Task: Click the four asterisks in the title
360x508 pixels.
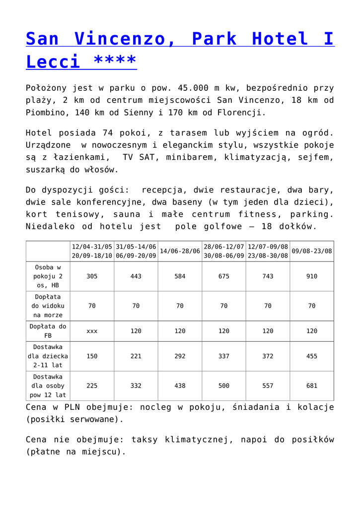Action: click(x=115, y=62)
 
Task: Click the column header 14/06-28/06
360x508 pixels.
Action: click(x=180, y=251)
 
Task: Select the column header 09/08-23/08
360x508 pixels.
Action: click(x=312, y=251)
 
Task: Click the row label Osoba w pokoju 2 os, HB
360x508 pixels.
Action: click(x=48, y=276)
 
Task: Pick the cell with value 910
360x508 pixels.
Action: click(x=312, y=276)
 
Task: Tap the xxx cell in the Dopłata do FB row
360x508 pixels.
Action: click(x=92, y=331)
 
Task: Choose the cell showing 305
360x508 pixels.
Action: click(x=92, y=276)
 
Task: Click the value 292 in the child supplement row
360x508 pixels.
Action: click(x=180, y=356)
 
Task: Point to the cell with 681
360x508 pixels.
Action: click(x=312, y=385)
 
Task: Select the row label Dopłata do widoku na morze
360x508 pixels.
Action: click(x=48, y=306)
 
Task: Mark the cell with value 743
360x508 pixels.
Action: click(x=268, y=276)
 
